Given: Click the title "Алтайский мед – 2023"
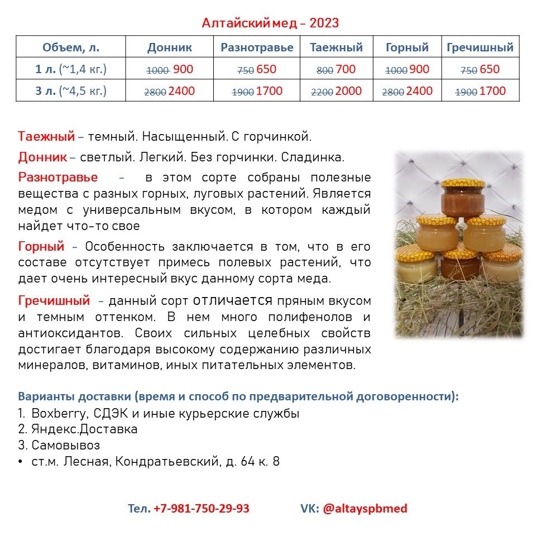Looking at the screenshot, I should point(270,23).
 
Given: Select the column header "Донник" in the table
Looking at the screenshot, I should point(170,47).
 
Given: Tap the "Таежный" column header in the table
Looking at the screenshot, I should point(337,47).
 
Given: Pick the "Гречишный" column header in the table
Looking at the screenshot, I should point(480,47).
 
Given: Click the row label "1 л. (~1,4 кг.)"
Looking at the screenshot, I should point(71,70).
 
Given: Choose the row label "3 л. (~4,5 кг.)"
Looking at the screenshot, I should point(71,91).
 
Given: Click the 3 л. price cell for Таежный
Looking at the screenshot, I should point(337,91).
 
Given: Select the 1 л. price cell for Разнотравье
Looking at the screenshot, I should point(257,70).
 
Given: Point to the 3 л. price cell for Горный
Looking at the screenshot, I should point(407,91).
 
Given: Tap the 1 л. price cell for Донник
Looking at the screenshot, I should point(170,70).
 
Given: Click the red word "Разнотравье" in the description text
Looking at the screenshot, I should point(58,178).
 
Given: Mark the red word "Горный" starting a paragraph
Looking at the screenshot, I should point(41,246).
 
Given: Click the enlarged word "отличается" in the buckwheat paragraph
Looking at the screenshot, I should point(232,300).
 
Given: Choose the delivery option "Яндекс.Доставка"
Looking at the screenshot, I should point(84,429).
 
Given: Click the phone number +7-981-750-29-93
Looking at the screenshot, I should point(202,509).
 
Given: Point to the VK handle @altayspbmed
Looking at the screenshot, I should point(365,509).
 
